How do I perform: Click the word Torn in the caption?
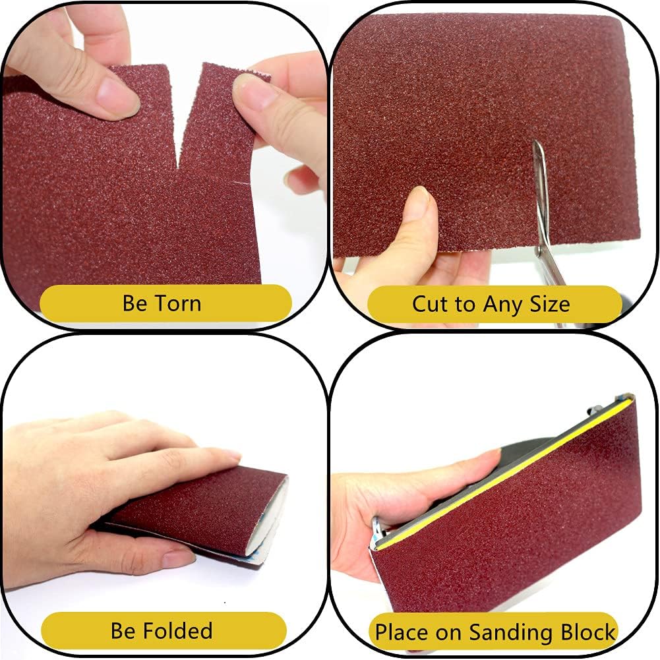[x=178, y=303]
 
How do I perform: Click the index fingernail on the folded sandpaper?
[x=227, y=455]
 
